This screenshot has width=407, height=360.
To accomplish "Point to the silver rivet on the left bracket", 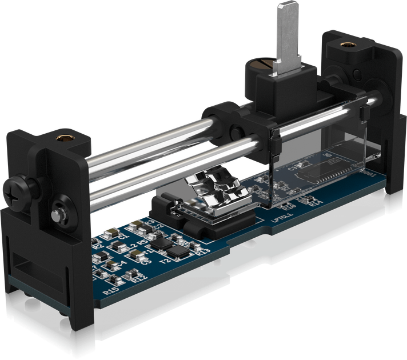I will (58, 214).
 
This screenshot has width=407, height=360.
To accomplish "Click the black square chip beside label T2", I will (179, 250).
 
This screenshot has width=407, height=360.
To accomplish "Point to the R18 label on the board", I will (290, 206).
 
